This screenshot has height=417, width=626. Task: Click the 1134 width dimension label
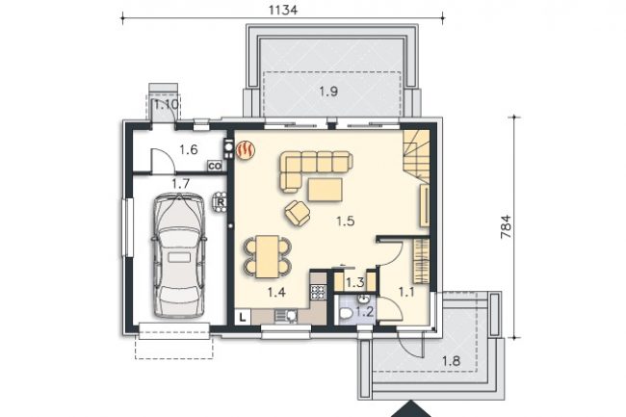(x=282, y=10)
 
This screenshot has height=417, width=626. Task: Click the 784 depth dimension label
(x=506, y=226)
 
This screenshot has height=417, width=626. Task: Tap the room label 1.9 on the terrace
(x=328, y=91)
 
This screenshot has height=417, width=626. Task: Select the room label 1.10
(x=167, y=105)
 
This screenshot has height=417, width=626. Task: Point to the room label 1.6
(x=189, y=149)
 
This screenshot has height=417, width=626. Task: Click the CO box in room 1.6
(x=215, y=166)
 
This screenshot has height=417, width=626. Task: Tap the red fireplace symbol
(x=246, y=150)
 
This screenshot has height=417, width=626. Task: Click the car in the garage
(x=179, y=255)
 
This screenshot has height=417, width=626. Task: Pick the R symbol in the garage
(x=221, y=202)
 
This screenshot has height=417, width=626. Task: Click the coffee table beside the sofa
(x=325, y=190)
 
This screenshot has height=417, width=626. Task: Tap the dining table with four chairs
(x=267, y=256)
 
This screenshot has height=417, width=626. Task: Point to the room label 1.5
(x=346, y=221)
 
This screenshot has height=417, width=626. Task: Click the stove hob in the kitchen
(x=318, y=292)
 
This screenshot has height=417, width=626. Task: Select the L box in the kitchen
(x=243, y=318)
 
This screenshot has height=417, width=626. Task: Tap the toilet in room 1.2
(x=346, y=314)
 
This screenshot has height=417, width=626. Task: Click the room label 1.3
(x=355, y=283)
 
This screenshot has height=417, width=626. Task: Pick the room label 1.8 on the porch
(x=451, y=361)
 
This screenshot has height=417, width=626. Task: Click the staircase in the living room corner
(x=416, y=156)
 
